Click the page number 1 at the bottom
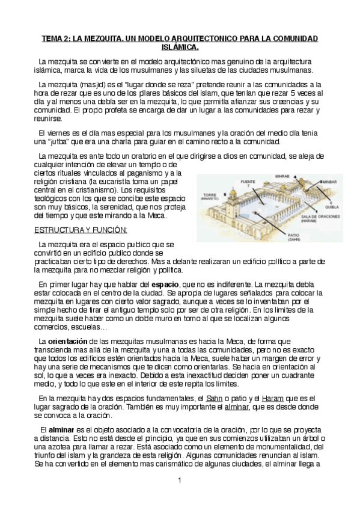180,481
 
